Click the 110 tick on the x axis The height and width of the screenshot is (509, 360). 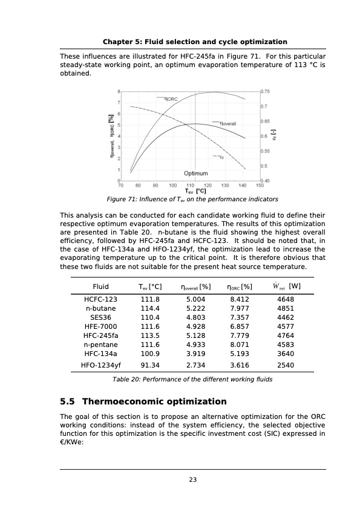coord(190,185)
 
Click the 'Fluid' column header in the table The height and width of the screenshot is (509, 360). coord(100,286)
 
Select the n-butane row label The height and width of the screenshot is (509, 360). coord(100,308)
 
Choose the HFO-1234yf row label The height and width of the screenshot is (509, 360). coord(100,365)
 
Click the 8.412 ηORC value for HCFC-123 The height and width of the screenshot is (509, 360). coord(240,299)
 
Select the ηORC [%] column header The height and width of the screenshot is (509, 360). coord(240,286)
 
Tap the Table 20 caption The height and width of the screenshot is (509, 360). coord(192,380)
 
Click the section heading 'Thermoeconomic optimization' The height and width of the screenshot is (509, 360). coord(154,401)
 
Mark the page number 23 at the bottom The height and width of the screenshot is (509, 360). coord(192,480)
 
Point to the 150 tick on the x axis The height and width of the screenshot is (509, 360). coord(260,185)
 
